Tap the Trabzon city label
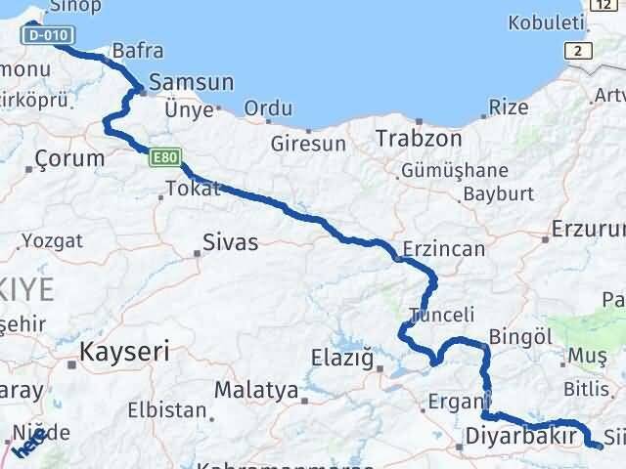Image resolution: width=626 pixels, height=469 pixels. (x=419, y=140)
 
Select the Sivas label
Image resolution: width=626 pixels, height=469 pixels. (x=230, y=242)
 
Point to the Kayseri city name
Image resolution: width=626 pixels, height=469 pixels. (x=125, y=350)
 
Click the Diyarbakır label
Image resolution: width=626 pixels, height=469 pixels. (x=520, y=435)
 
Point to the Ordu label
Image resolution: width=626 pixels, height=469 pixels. (x=267, y=109)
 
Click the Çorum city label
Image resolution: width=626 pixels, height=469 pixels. (x=68, y=157)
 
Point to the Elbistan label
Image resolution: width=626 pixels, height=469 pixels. (x=173, y=411)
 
